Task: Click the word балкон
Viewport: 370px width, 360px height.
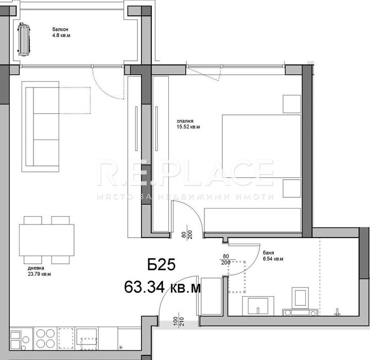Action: pyautogui.click(x=60, y=29)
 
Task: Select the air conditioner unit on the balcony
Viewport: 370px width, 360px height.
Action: pyautogui.click(x=24, y=39)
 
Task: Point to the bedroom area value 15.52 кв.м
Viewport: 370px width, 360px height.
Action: pyautogui.click(x=188, y=127)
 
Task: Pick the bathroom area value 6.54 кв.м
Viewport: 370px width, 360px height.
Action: pyautogui.click(x=272, y=260)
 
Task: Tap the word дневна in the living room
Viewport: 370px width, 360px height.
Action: pyautogui.click(x=36, y=268)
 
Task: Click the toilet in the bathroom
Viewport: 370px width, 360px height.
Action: pyautogui.click(x=299, y=301)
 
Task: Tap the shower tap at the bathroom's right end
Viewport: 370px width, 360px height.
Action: pyautogui.click(x=338, y=311)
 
